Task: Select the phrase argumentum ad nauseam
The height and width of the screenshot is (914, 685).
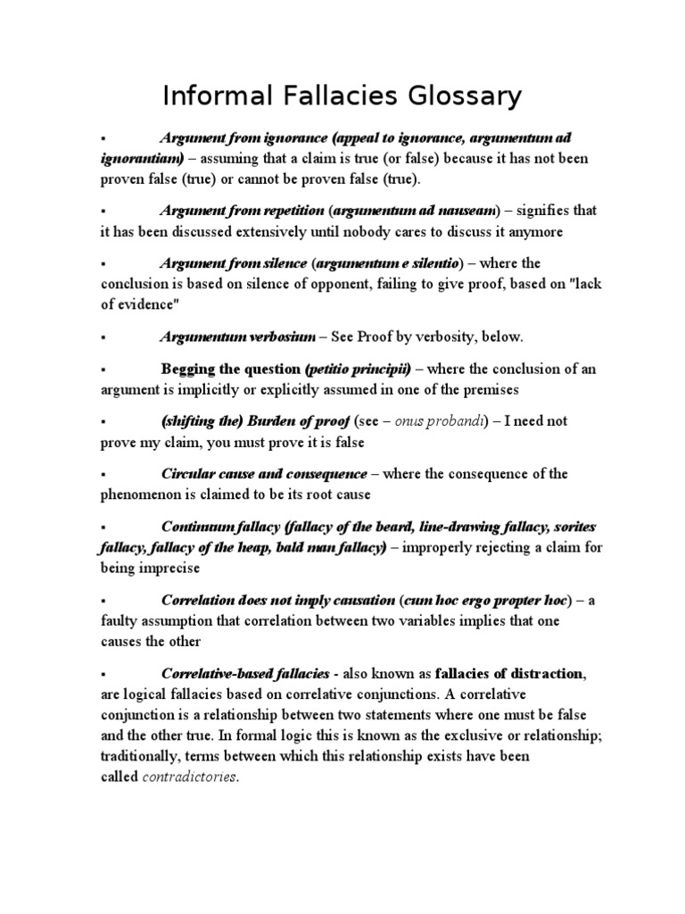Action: pos(414,212)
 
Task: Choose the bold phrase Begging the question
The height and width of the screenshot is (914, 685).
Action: pos(230,370)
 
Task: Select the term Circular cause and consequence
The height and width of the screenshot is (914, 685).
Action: pos(263,474)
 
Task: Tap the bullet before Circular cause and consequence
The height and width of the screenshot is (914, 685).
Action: pos(104,475)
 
